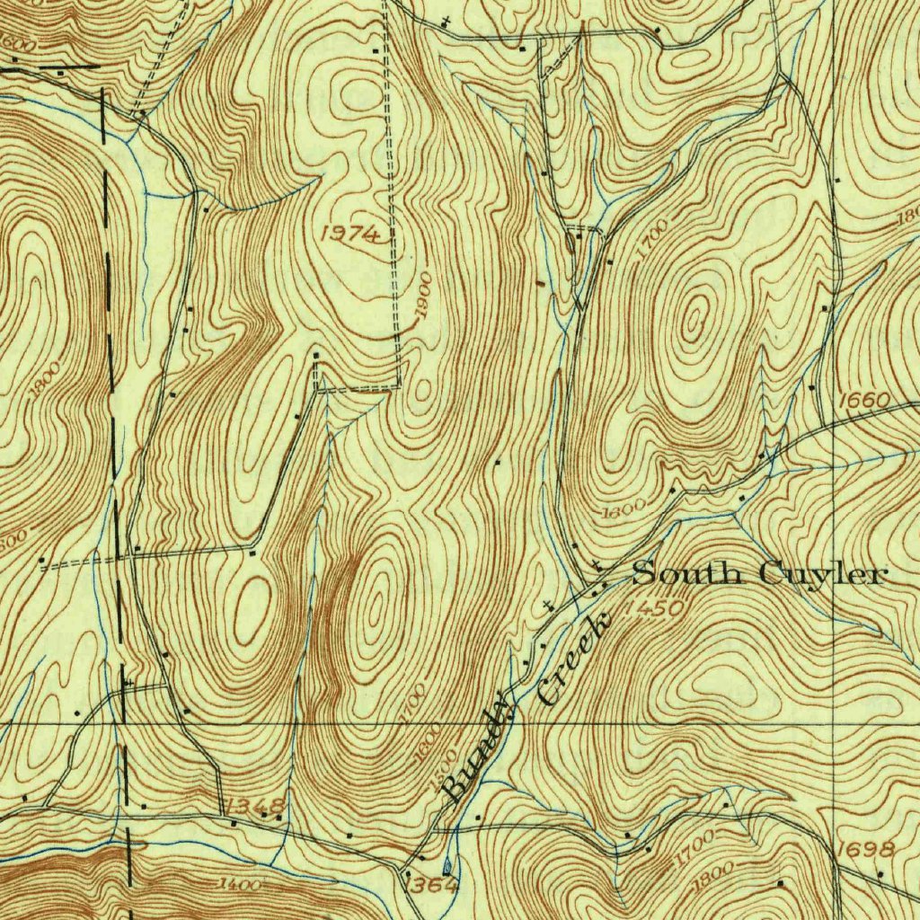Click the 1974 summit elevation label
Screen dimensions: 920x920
(350, 234)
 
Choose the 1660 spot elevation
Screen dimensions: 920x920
(864, 400)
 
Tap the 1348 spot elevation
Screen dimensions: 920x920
(257, 804)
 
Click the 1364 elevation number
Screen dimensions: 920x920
(433, 886)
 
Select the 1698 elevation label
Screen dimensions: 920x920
(863, 849)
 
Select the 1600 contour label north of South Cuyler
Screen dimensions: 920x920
(623, 509)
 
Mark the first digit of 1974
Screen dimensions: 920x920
(325, 233)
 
